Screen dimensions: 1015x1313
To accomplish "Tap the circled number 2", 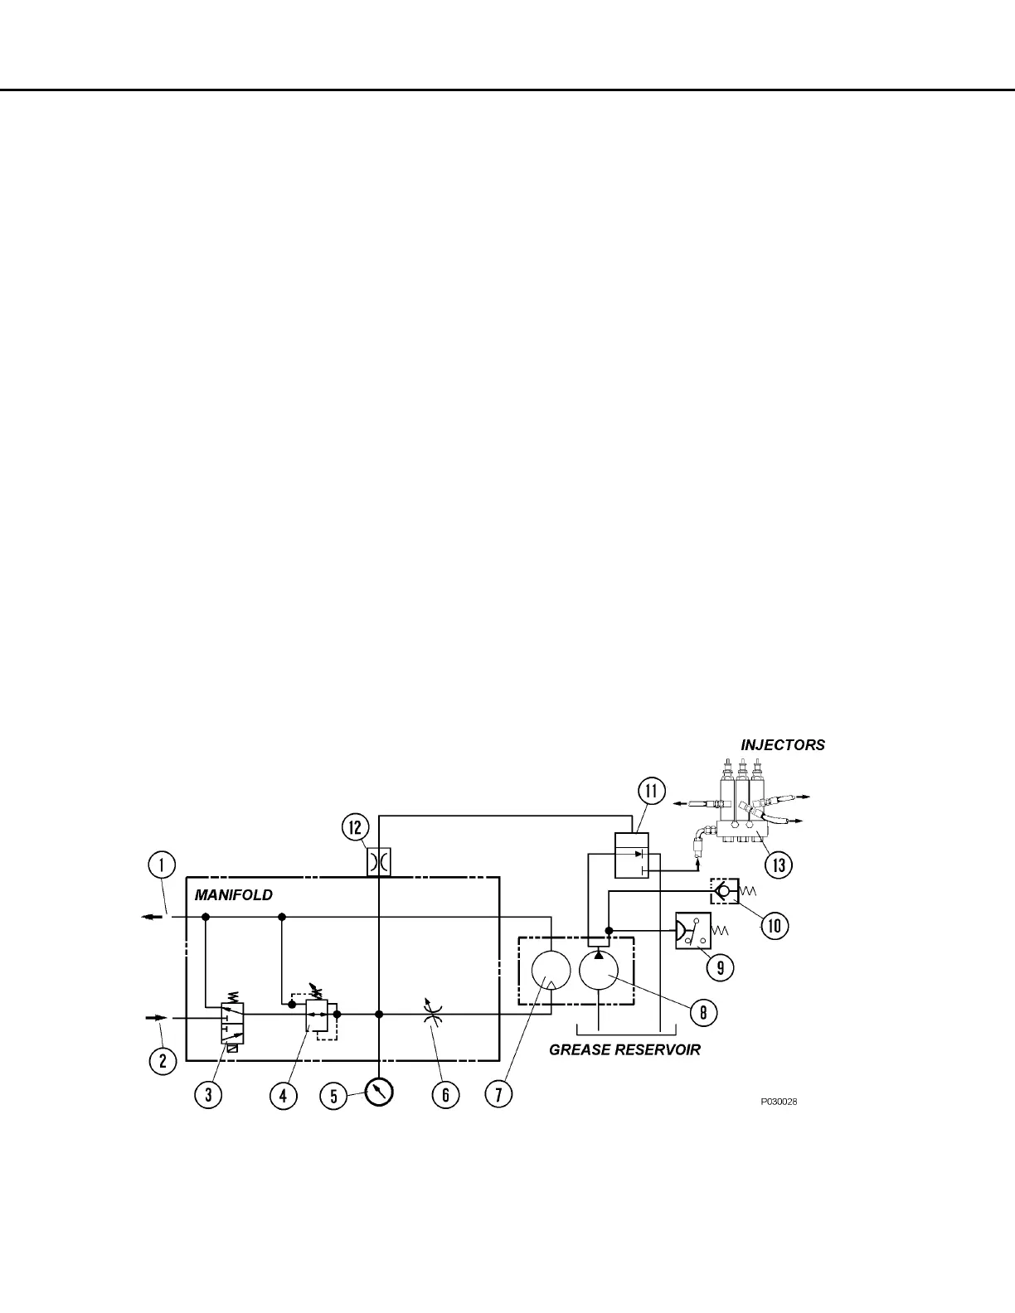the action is [162, 1060].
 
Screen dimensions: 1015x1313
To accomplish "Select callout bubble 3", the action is [208, 1094].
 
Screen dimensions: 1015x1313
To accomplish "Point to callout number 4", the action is [283, 1094].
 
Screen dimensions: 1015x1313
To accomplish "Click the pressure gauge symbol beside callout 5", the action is [379, 1091].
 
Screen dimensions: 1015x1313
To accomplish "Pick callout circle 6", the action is [445, 1094].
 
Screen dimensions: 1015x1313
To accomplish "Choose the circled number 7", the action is [498, 1094].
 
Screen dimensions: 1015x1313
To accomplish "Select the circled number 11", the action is [651, 791].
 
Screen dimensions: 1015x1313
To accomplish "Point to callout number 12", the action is [354, 827].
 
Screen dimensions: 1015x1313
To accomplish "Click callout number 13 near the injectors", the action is [778, 865].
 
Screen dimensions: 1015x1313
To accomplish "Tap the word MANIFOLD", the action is [233, 895].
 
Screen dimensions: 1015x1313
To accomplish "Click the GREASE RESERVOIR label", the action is [624, 1049].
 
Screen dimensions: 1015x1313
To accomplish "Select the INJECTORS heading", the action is [782, 744].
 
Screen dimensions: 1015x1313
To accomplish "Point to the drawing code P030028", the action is [779, 1102].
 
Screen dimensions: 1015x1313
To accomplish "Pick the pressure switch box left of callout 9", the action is [692, 931].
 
